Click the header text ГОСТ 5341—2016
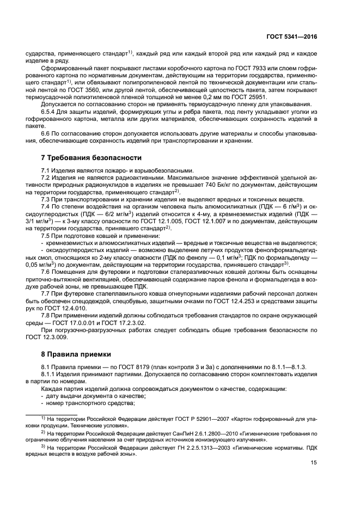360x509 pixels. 291,36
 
